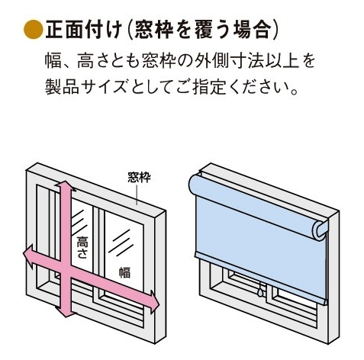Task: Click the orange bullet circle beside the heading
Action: [33, 30]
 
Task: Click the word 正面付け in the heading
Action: [83, 30]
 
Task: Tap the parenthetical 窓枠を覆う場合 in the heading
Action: [201, 30]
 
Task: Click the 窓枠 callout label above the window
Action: [139, 177]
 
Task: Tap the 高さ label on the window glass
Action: [82, 247]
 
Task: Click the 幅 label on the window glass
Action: [124, 272]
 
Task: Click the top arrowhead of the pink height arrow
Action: [66, 186]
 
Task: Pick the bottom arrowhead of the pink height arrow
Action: [66, 312]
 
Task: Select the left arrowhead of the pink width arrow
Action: [28, 256]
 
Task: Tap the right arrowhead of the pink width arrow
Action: [154, 301]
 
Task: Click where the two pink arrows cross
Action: [66, 269]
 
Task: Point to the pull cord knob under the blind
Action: [260, 291]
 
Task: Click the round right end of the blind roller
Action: [320, 230]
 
